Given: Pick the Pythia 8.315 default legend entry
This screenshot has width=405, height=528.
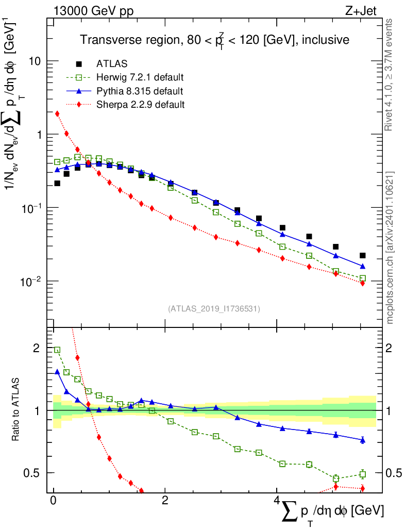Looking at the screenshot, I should [x=139, y=91].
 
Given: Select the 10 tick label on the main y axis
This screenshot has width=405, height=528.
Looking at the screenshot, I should [x=35, y=61].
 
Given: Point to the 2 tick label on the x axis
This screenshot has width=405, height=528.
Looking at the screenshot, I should [x=164, y=501].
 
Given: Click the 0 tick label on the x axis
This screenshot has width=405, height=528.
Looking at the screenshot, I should [x=53, y=501].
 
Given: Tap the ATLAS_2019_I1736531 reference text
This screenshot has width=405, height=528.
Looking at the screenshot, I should [x=214, y=309].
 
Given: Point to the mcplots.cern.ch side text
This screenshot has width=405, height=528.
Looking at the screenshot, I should [x=390, y=247].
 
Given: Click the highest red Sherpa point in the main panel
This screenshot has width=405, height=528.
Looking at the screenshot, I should [x=57, y=113].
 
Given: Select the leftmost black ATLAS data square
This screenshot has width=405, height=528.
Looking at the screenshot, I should [x=57, y=183].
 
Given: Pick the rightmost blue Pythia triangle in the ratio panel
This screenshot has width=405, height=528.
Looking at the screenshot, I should [x=363, y=440].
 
